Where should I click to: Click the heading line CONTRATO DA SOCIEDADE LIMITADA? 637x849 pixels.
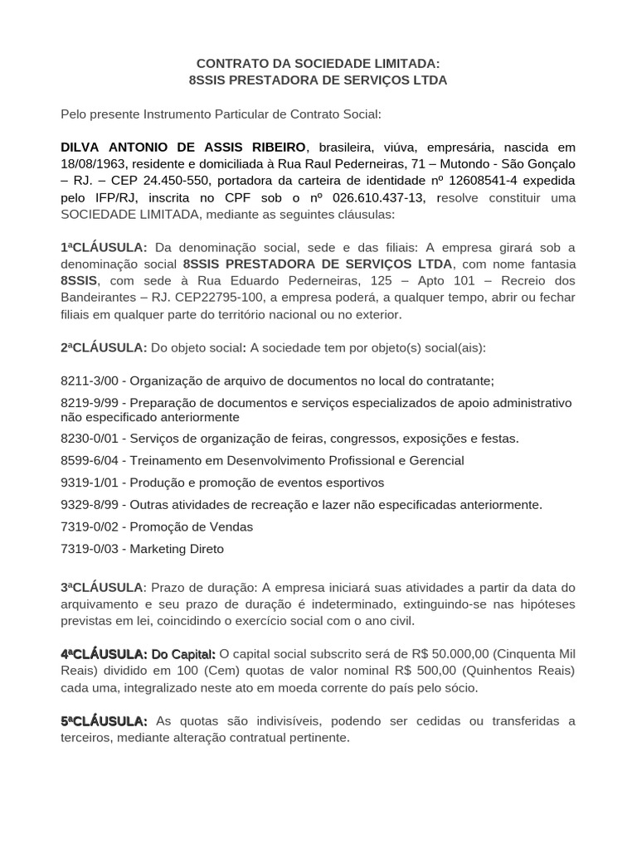point(318,63)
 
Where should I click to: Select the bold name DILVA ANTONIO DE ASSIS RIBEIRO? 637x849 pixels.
point(183,147)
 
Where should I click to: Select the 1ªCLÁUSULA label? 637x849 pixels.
point(104,247)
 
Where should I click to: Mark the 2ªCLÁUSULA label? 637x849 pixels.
point(104,347)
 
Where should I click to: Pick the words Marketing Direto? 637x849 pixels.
point(177,549)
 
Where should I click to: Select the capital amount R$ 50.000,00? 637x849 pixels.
point(448,654)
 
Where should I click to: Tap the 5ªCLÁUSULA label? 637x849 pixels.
point(104,720)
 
